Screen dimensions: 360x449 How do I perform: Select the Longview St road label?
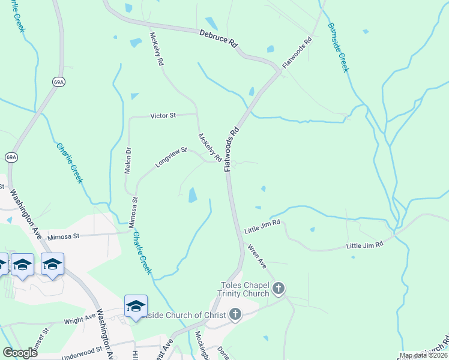172,158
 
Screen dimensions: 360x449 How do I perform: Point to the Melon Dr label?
127,160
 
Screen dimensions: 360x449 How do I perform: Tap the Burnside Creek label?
338,47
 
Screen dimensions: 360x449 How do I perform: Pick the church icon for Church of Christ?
235,314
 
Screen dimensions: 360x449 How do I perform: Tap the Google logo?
20,353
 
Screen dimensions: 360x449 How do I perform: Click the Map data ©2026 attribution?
423,355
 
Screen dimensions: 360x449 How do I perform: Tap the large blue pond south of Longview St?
192,195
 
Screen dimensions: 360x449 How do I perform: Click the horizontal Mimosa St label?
64,236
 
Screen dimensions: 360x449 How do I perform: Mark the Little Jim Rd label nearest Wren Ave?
262,226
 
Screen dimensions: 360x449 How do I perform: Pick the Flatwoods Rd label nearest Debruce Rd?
298,53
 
